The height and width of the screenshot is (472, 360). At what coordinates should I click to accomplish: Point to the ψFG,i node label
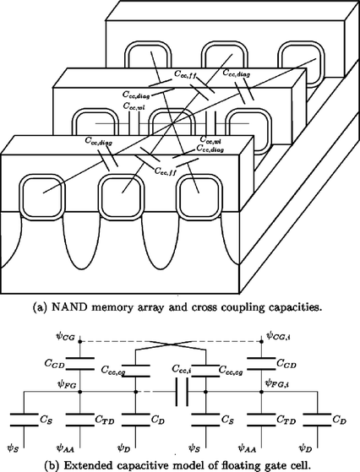(278, 384)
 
